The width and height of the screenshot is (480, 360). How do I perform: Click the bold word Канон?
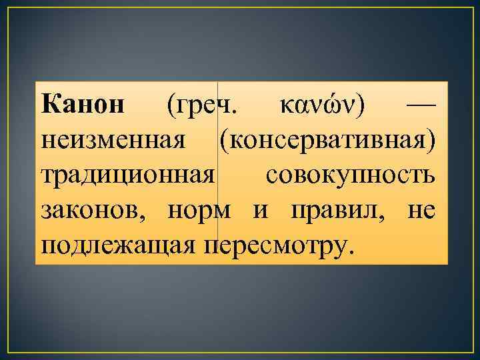click(x=81, y=105)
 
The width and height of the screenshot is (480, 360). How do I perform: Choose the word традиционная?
click(x=128, y=176)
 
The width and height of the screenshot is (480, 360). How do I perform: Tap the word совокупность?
click(x=351, y=176)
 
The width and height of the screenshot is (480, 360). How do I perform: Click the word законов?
click(x=95, y=211)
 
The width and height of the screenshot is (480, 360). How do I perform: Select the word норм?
click(x=199, y=211)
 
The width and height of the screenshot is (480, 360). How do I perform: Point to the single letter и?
click(x=261, y=211)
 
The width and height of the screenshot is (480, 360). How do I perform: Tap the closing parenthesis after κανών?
click(x=361, y=105)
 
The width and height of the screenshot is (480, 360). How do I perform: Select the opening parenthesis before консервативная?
click(x=221, y=141)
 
